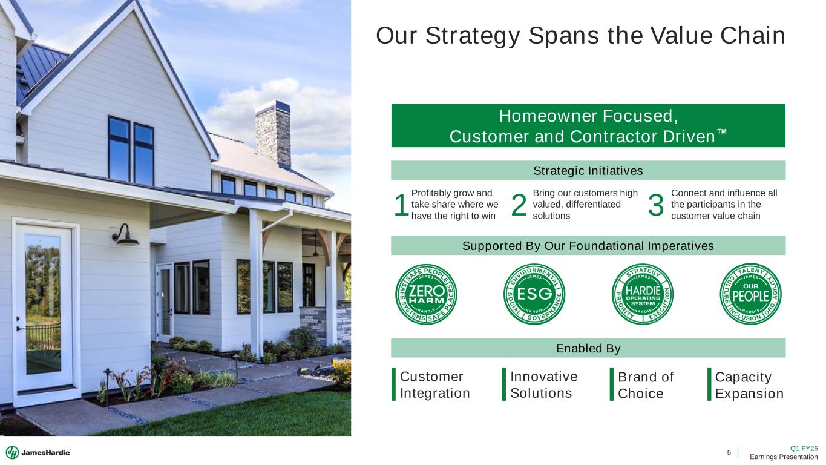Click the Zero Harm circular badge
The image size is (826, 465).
pos(426,294)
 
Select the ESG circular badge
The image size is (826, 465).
pos(534,294)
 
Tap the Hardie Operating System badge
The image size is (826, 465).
pos(643,294)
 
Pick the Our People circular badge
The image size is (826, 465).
pos(751,294)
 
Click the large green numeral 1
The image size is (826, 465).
pos(401,205)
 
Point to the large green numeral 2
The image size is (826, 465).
pos(519,205)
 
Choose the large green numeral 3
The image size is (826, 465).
pos(655,205)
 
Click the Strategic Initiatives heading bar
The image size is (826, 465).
pos(588,171)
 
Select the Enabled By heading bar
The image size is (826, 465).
pos(588,348)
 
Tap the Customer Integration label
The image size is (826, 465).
pos(434,384)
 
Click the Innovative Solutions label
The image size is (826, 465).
pos(544,384)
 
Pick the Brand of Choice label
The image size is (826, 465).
pos(646,385)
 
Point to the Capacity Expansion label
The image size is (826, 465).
pos(749,385)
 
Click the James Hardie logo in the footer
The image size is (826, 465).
pos(38,452)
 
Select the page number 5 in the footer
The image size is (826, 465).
pos(729,452)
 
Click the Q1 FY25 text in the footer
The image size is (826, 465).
pos(804,449)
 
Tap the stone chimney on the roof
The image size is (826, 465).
pos(274,134)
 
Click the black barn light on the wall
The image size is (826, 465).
pos(125,235)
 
